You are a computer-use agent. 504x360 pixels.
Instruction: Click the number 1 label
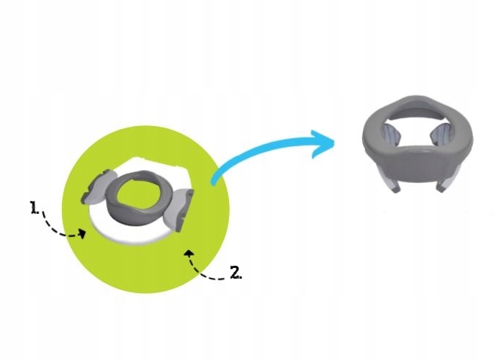click(x=33, y=207)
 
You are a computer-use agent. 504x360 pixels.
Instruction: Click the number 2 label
click(x=235, y=272)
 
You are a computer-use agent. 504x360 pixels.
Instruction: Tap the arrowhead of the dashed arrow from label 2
click(x=189, y=251)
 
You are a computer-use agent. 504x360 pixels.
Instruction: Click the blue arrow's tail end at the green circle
click(x=214, y=181)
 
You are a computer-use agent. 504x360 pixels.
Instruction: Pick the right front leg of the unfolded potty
click(x=443, y=183)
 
